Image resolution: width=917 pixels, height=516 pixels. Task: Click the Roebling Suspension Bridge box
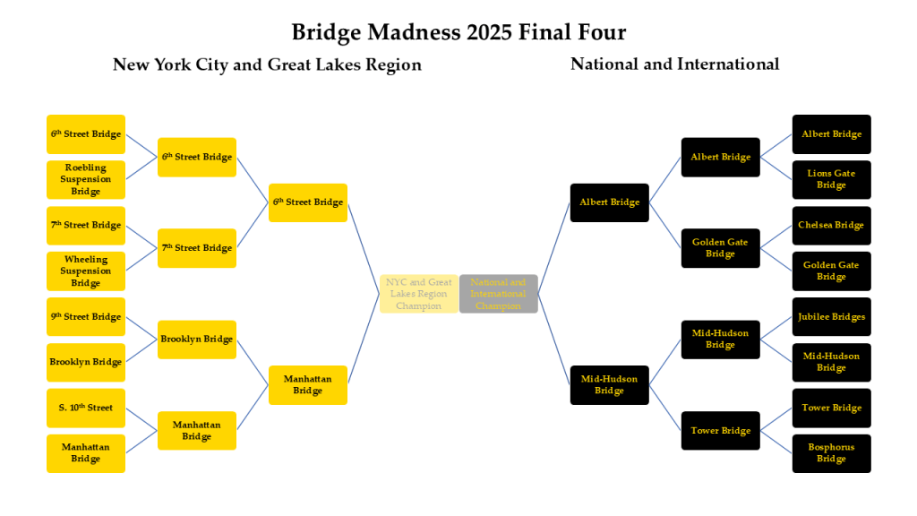[x=86, y=179]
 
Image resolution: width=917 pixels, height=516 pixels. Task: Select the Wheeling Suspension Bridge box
[x=86, y=271]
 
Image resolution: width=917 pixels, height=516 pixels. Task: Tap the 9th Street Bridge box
[x=86, y=316]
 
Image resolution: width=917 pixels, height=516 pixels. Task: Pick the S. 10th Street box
[x=86, y=408]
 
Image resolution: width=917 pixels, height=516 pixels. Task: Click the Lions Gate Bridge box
[x=831, y=179]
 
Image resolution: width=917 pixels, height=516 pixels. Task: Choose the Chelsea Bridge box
[x=831, y=225]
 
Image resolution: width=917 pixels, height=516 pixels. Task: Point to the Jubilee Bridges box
[x=831, y=316]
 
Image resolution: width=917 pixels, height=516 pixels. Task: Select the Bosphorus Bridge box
[x=831, y=453]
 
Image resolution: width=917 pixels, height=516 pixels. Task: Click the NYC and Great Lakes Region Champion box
[x=419, y=294]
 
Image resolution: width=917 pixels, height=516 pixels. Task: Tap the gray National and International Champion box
[x=498, y=294]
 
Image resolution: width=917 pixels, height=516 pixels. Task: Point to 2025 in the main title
[x=492, y=32]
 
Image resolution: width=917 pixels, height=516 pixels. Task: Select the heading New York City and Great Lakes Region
[x=267, y=64]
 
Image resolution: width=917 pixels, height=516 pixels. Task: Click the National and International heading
[x=674, y=64]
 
